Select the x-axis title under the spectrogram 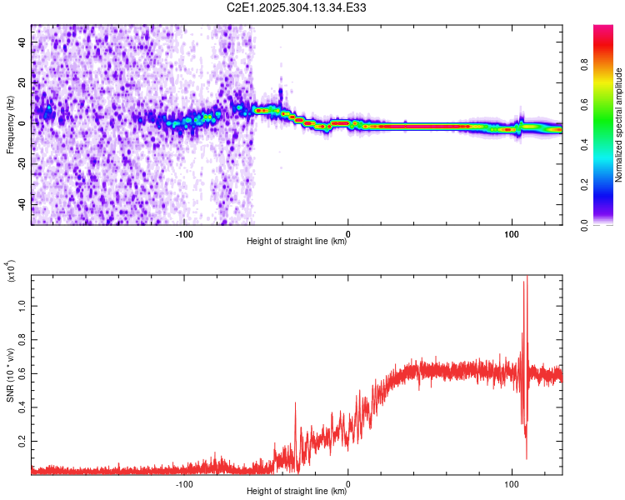[297, 242]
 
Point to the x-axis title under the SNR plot [297, 492]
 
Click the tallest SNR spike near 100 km [527, 277]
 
